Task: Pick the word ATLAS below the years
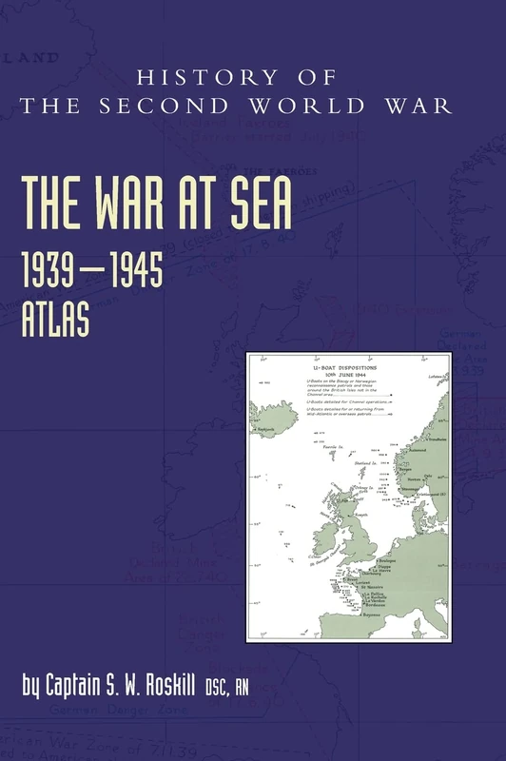57,319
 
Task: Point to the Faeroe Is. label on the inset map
326,445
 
